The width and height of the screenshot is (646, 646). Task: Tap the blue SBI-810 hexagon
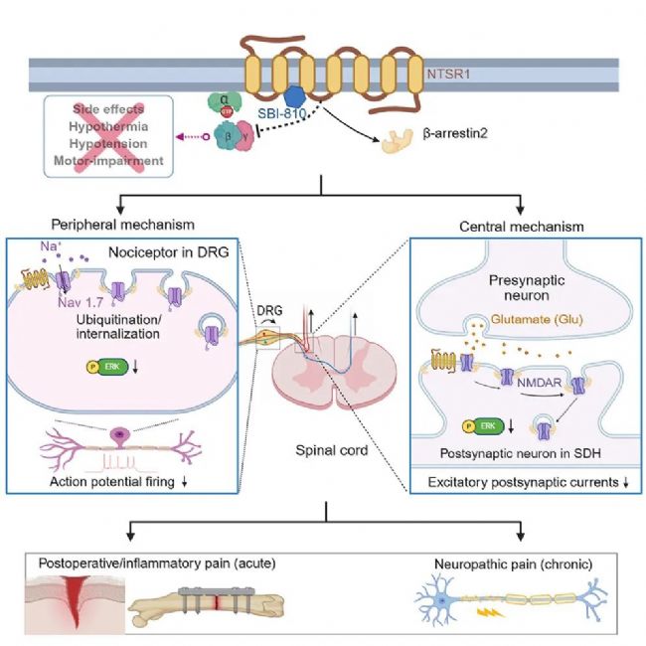pyautogui.click(x=294, y=98)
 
